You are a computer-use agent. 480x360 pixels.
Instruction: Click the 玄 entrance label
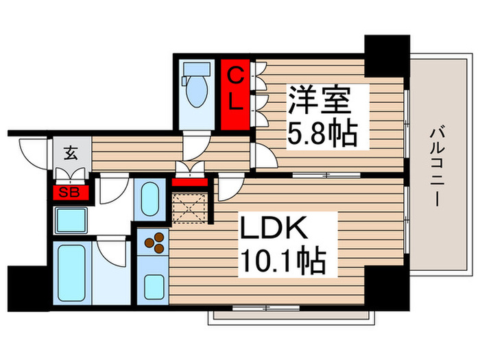(x=71, y=152)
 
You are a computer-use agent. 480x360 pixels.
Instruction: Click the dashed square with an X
(x=189, y=208)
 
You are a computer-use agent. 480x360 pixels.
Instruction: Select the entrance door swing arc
(x=32, y=152)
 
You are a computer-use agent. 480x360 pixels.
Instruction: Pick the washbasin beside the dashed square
(x=147, y=198)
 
